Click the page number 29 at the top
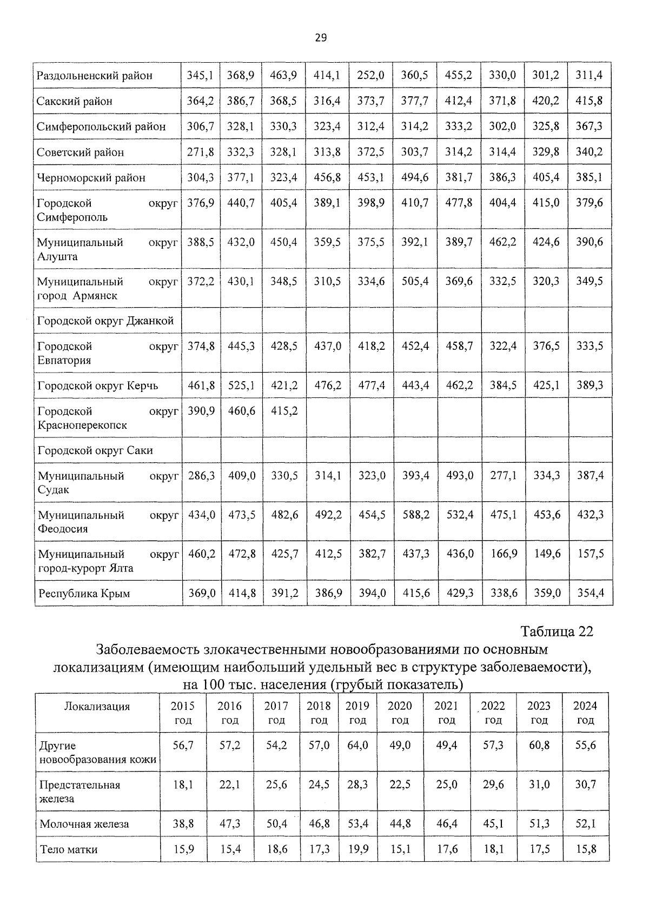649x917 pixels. (x=320, y=37)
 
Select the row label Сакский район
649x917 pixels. (x=75, y=101)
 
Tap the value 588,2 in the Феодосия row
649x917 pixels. (x=416, y=515)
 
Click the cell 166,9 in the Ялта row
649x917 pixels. (x=504, y=554)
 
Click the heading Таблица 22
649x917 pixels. (x=557, y=632)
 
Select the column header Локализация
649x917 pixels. (x=97, y=707)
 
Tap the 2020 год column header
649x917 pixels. (x=400, y=713)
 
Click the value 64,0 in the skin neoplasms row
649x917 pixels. (x=357, y=745)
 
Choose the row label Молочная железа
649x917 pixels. (x=84, y=824)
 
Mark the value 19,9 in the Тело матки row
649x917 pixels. (x=357, y=849)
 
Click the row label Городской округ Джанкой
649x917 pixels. (x=105, y=321)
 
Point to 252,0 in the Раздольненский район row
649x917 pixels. (x=370, y=75)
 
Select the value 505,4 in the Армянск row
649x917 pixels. (x=415, y=281)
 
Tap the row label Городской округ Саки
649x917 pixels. (x=95, y=450)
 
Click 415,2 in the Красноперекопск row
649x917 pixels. (x=284, y=411)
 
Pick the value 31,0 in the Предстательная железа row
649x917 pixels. (x=539, y=784)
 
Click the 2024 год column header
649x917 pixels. (x=585, y=713)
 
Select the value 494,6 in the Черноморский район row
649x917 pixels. (x=415, y=177)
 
